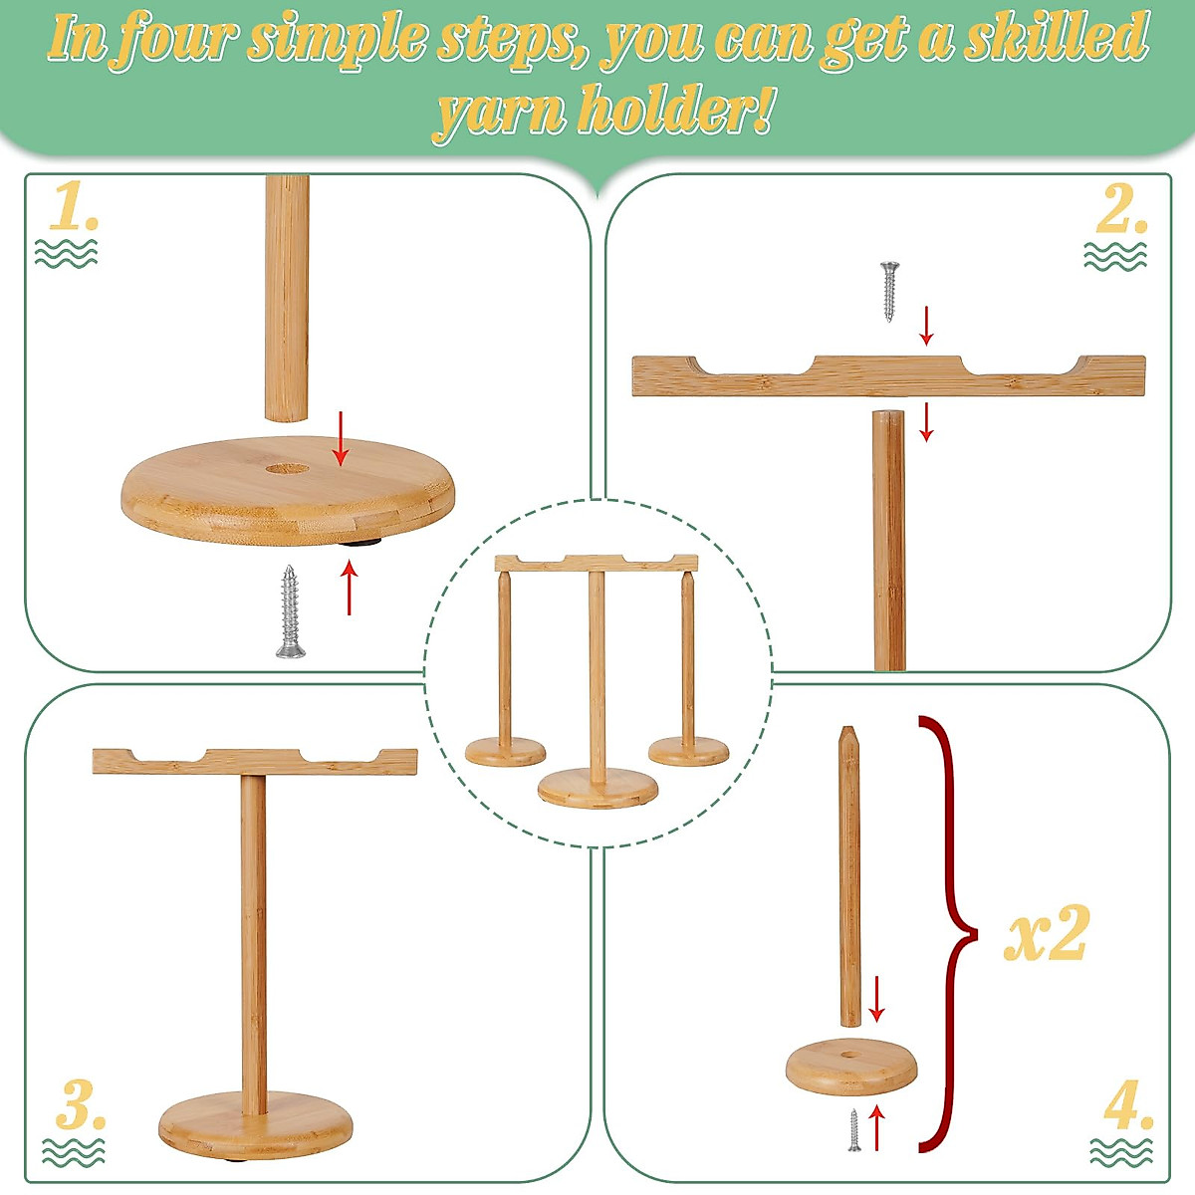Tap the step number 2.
(x=1121, y=209)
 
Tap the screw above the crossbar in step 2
(x=890, y=290)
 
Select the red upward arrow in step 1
(x=349, y=588)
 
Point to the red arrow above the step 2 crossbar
(x=927, y=326)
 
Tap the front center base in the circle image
(x=597, y=790)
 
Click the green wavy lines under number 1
(x=66, y=253)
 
